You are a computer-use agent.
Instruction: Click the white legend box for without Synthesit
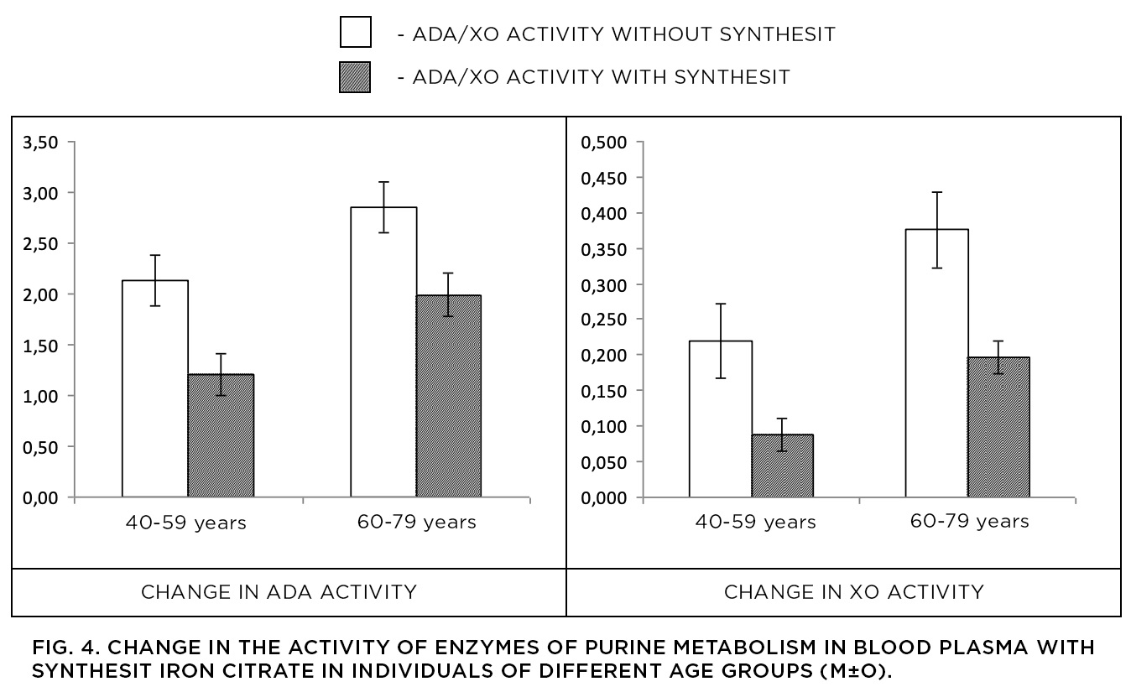point(356,32)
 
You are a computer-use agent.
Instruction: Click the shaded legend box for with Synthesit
point(355,77)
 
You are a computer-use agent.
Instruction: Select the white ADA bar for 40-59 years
point(155,388)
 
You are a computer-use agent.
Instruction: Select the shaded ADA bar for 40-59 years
point(222,435)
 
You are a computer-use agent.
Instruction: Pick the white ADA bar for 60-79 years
point(383,351)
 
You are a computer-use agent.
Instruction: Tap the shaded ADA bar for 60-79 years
point(448,396)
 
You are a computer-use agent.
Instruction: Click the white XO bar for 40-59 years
point(721,419)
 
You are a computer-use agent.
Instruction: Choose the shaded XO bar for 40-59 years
point(783,466)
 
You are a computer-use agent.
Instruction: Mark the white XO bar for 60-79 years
point(936,363)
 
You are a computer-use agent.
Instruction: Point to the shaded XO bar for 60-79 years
point(998,428)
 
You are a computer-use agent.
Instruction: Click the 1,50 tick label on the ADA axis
point(41,346)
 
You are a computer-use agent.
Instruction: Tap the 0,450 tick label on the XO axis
point(604,178)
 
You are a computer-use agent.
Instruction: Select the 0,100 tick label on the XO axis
point(604,427)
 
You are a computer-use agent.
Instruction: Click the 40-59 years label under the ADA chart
point(185,523)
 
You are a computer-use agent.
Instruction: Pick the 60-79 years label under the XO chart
point(969,521)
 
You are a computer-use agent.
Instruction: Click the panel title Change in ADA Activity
point(279,592)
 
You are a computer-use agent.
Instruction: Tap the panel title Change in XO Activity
point(854,592)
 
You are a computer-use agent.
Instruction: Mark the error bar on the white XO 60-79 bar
point(936,230)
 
